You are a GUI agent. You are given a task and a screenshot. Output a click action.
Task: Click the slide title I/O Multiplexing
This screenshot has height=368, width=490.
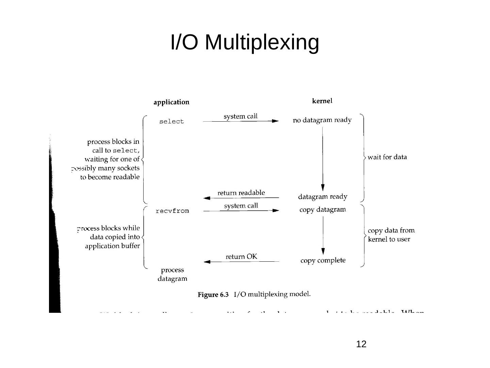[245, 42]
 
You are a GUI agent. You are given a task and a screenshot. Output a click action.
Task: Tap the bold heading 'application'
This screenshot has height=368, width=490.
[171, 102]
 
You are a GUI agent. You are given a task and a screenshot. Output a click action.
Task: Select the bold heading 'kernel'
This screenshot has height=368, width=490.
[322, 101]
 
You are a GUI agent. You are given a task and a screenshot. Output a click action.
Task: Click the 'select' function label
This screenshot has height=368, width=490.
[171, 122]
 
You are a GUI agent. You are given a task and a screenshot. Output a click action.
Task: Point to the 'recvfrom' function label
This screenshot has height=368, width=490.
[172, 211]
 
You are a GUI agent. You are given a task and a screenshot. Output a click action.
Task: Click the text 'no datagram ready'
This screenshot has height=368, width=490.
[322, 120]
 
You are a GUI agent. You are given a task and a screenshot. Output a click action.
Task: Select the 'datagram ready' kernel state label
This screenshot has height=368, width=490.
[323, 197]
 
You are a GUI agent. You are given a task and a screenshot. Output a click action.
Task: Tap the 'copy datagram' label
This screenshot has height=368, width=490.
[323, 210]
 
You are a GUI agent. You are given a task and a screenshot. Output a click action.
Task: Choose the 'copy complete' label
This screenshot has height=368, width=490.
[323, 261]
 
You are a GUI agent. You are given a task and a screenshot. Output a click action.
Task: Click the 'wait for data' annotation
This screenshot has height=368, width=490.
[387, 157]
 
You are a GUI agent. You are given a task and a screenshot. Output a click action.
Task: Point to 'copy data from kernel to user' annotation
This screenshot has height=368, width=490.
[391, 235]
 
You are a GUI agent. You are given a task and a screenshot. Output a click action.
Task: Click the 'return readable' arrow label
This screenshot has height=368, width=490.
[241, 193]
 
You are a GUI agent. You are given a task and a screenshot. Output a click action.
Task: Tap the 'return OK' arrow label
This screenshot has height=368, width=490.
[241, 257]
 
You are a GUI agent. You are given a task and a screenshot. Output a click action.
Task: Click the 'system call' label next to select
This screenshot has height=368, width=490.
[241, 117]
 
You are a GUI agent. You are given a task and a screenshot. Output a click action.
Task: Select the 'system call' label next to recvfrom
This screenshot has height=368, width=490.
[241, 206]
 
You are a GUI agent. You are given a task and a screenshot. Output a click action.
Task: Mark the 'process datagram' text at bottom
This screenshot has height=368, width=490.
[172, 274]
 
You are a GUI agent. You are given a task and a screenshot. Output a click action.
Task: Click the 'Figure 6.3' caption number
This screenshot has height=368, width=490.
[213, 295]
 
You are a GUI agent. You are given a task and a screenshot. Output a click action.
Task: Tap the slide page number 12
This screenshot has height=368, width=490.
[361, 344]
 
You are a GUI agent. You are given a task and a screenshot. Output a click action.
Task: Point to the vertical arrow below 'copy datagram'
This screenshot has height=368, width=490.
[323, 235]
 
